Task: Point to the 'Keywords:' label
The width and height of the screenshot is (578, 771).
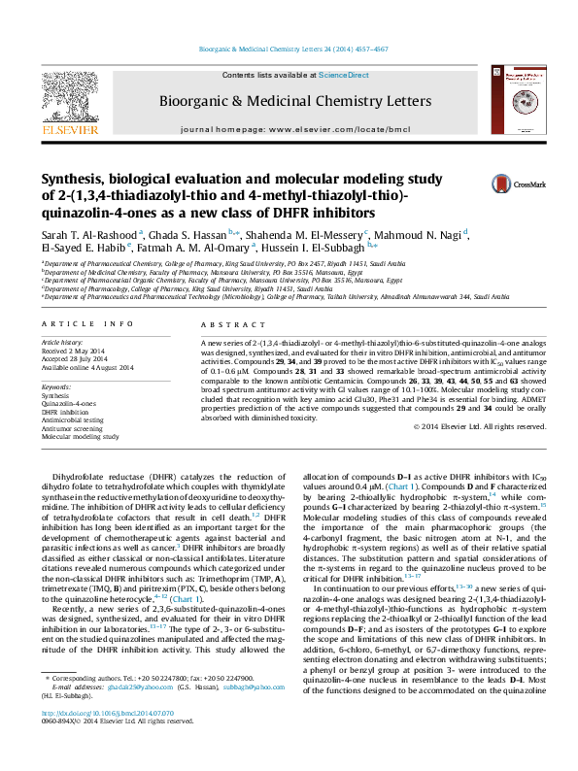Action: pos(56,385)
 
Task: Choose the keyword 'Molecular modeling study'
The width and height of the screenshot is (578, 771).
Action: pos(81,436)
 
